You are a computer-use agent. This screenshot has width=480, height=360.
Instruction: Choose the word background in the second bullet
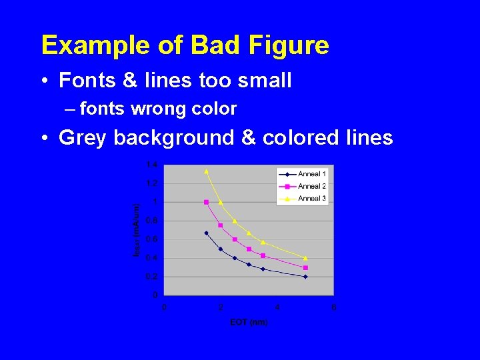173,138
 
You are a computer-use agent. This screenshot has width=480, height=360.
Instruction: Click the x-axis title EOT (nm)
249,323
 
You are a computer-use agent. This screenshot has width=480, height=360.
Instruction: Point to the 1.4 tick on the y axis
153,165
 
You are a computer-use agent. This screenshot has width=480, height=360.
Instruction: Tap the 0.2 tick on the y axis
153,276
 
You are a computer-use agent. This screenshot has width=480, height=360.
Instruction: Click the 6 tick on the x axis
333,307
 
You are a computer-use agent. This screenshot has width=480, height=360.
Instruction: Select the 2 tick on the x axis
221,307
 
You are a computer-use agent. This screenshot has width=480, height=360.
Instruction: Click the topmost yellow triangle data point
206,171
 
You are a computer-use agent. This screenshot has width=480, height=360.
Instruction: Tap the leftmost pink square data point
206,202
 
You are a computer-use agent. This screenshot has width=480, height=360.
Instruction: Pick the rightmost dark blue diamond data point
305,277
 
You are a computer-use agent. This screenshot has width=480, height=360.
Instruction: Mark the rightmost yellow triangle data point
305,258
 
